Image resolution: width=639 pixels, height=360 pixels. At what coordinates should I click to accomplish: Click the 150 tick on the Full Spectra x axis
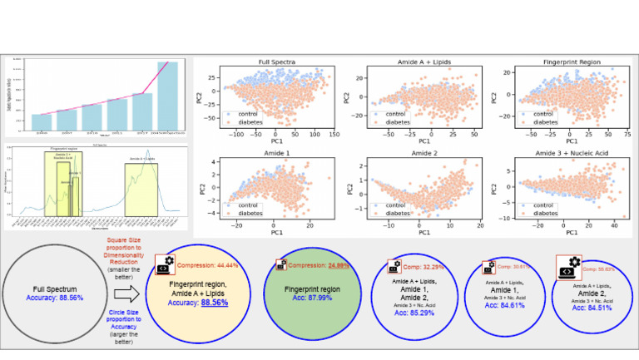(333, 134)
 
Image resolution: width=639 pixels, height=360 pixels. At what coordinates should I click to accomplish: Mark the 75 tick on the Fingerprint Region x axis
(626, 134)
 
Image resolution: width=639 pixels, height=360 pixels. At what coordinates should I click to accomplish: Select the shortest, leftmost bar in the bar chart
(42, 123)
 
